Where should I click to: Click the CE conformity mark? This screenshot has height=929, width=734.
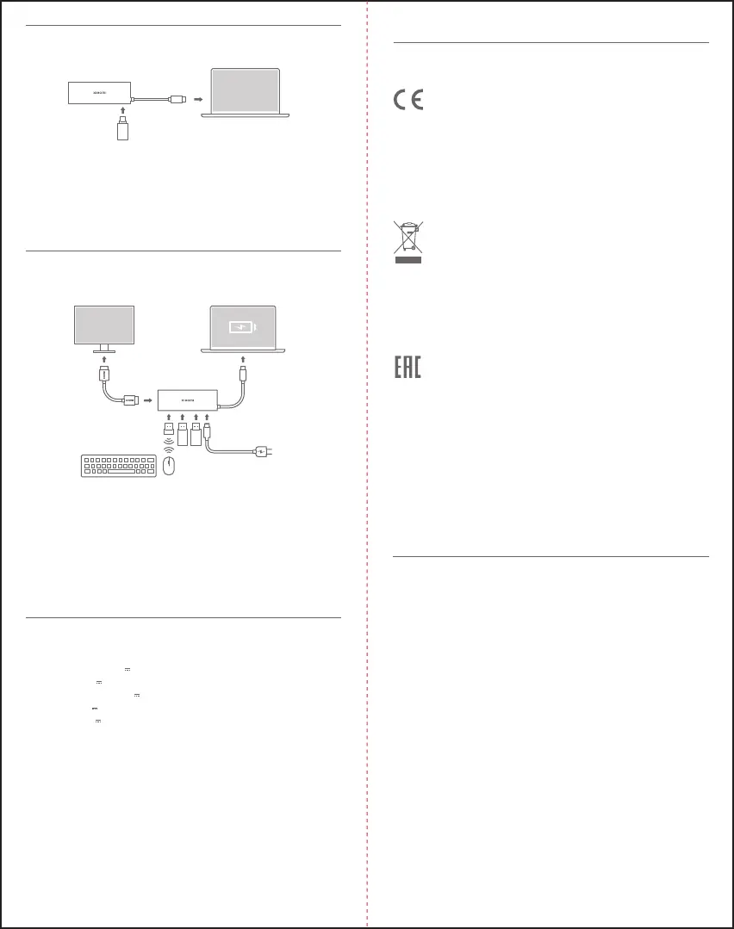coord(408,101)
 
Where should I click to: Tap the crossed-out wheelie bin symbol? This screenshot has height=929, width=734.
coord(408,242)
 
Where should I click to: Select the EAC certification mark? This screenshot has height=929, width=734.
coord(408,368)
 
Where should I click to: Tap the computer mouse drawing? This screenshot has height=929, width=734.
coord(169,466)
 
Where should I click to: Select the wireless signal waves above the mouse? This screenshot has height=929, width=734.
coord(169,449)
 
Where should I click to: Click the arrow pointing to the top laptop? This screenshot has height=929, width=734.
coord(197,99)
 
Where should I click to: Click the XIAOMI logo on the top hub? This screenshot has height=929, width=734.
coord(100,90)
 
